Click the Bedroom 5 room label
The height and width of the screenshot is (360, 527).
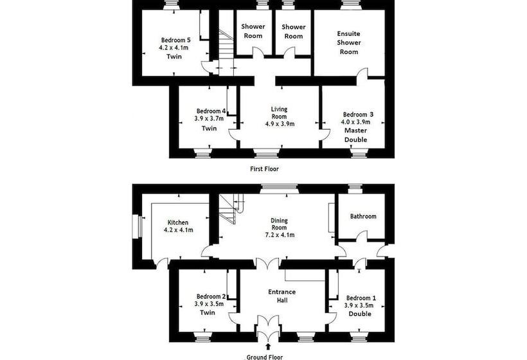[176, 40]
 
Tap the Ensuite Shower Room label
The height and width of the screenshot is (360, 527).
[349, 42]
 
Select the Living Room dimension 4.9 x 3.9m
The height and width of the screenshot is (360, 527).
[280, 123]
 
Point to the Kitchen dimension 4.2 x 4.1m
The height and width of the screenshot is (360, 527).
[178, 230]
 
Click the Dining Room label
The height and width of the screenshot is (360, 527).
[280, 224]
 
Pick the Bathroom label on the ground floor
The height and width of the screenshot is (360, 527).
[363, 216]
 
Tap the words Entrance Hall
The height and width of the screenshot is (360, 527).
[282, 296]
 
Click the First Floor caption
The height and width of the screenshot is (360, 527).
[264, 168]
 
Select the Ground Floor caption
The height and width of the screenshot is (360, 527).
[265, 357]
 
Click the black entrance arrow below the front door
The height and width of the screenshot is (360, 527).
[268, 347]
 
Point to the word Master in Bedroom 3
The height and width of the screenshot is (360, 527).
[356, 130]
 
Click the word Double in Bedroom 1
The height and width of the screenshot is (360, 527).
[360, 314]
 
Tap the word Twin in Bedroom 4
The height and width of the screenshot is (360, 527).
[209, 128]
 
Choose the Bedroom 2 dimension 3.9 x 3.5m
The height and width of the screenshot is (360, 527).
[209, 304]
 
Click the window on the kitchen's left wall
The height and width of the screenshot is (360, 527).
[138, 227]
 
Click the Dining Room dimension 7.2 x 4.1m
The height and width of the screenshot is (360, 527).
[280, 235]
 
